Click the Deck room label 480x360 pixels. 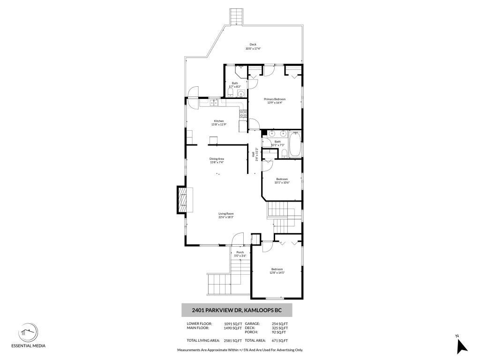pos(253,45)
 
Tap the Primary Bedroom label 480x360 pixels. pos(275,99)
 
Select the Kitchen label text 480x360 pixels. pos(219,121)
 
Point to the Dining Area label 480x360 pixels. pos(217,159)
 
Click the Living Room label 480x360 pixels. pos(226,214)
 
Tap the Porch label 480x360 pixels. pos(240,252)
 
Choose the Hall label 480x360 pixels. pos(253,154)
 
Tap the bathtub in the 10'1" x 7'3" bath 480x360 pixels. pos(295,145)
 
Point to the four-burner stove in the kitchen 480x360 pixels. pos(243,113)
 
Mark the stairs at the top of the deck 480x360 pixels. pos(237,17)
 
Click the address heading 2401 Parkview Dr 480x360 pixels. pos(237,310)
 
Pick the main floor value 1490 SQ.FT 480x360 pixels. pos(233,328)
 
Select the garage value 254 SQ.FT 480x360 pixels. pos(279,323)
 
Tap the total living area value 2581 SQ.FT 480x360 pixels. pos(233,340)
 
